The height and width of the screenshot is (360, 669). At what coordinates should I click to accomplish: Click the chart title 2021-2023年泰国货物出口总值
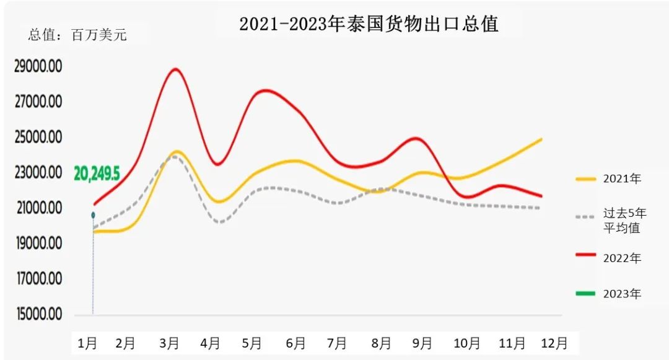[x=369, y=24]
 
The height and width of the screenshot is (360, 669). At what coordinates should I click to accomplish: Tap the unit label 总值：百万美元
[x=77, y=35]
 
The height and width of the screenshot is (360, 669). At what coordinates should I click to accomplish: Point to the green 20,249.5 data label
[x=97, y=173]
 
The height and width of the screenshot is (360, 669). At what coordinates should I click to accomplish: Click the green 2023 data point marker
[x=93, y=215]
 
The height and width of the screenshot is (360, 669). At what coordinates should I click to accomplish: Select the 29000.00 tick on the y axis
[x=38, y=66]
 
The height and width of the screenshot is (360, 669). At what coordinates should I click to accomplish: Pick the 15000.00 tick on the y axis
[x=38, y=315]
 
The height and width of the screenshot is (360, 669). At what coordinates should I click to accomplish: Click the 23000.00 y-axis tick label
[x=38, y=172]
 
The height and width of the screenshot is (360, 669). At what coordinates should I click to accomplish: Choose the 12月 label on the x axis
[x=554, y=343]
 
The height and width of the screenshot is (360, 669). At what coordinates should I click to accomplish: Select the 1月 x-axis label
[x=87, y=343]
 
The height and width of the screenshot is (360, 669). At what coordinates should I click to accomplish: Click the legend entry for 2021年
[x=610, y=178]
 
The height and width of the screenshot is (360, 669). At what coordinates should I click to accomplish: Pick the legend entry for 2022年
[x=610, y=258]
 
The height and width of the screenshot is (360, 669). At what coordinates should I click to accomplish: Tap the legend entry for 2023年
[x=610, y=294]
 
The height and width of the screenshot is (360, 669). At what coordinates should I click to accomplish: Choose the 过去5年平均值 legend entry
[x=610, y=220]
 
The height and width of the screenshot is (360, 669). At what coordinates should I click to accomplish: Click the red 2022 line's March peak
[x=176, y=69]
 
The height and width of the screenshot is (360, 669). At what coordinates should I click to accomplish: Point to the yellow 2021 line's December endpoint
[x=542, y=139]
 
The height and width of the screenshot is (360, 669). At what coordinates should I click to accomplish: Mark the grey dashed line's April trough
[x=220, y=222]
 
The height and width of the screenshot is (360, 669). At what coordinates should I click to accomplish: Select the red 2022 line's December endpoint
[x=542, y=196]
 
